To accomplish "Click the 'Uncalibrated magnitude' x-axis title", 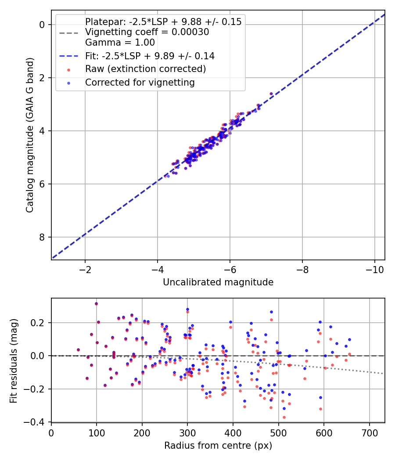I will pos(218,282).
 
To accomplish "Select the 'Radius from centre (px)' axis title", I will pos(218,446).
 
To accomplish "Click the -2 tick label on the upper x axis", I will pos(85,268).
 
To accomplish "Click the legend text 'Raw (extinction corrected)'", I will pos(146,69).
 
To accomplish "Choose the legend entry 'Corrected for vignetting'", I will pos(140,82).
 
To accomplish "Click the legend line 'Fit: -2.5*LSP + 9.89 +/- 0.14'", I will pos(68,56).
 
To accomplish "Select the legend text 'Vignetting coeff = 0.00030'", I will pos(147,32).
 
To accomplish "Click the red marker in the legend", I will pos(68,69).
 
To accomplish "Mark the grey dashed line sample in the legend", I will pos(68,32).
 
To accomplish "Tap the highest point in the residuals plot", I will pos(96,303).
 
